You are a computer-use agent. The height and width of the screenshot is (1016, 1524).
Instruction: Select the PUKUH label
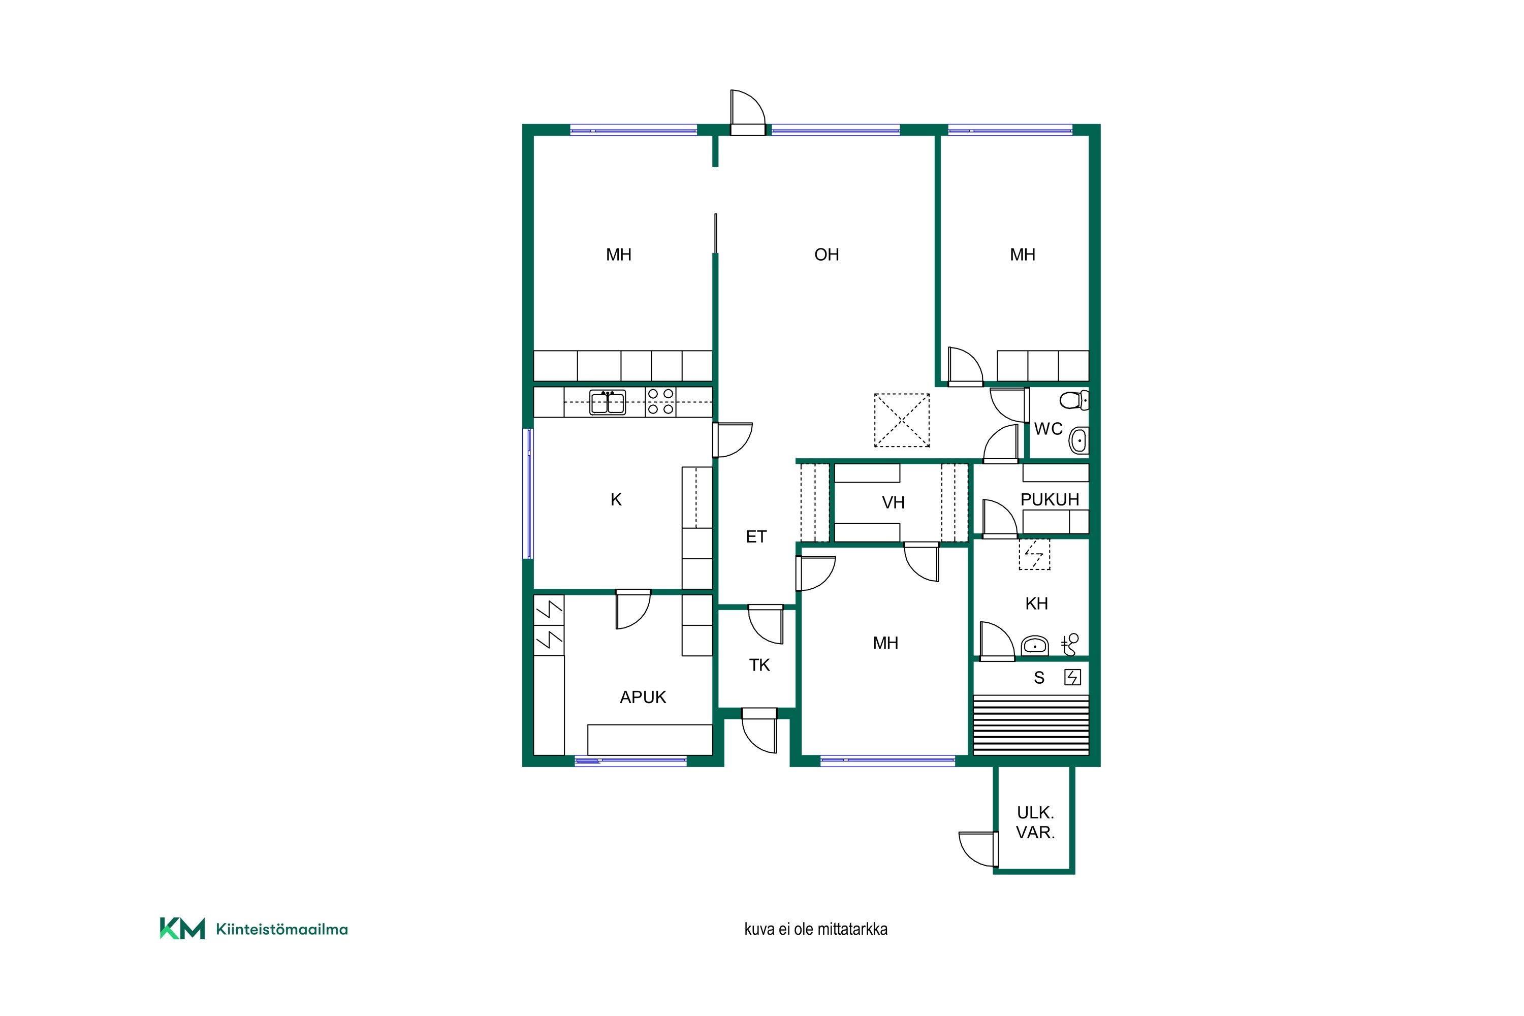1050,499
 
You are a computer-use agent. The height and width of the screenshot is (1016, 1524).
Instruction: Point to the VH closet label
893,502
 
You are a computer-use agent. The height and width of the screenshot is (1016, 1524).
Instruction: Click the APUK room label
643,697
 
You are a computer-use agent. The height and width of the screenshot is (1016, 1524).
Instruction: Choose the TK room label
759,665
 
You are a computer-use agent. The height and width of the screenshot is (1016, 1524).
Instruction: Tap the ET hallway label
756,536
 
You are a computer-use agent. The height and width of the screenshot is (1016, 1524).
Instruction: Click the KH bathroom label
1037,604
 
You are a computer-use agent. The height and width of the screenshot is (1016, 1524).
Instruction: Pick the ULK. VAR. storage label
1035,822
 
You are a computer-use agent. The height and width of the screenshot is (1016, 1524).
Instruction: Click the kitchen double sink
607,402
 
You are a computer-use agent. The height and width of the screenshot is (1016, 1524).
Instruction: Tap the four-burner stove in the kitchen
660,402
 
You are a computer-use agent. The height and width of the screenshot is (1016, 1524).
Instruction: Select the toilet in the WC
1074,400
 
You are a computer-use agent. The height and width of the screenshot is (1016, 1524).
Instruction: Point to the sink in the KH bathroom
1035,645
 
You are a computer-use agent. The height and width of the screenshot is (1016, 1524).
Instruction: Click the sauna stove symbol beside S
1072,678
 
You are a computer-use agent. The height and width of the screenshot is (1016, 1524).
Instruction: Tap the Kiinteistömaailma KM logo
253,929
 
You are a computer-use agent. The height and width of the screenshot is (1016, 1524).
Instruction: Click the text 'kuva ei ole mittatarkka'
816,929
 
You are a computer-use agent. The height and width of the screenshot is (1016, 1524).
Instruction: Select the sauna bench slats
1031,724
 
